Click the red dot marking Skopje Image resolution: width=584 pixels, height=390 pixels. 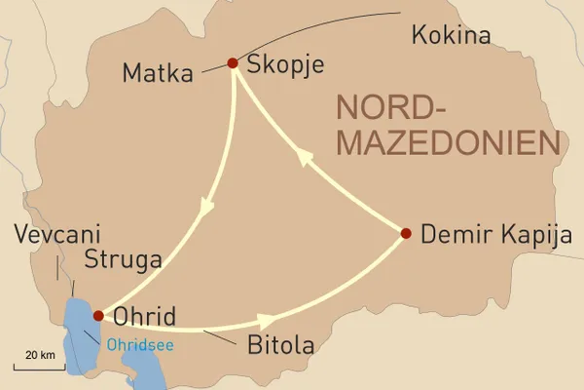233,63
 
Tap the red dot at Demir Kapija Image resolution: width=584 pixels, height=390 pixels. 406,232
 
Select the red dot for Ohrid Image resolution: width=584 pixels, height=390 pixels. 97,315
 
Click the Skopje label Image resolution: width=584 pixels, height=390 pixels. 285,65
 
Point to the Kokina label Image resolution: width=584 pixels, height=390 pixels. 451,37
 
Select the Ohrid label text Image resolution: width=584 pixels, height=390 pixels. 145,319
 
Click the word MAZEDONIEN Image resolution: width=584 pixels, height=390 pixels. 449,144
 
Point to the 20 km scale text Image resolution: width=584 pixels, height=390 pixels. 38,352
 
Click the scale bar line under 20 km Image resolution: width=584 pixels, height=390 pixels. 38,367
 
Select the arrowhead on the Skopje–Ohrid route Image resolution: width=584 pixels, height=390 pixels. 205,208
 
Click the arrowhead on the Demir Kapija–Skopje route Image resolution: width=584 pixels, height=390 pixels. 307,159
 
